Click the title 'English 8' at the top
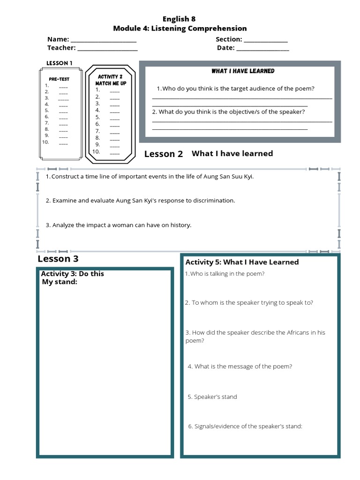(179, 19)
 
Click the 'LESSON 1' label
(60, 63)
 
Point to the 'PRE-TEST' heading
(59, 79)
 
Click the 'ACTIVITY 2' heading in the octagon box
(110, 76)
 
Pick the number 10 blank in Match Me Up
(114, 153)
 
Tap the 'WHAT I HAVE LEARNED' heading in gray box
(243, 71)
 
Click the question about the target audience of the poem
(235, 89)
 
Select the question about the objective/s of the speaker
(228, 112)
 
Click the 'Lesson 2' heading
(164, 154)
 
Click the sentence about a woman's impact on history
(119, 225)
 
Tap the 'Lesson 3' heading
(58, 259)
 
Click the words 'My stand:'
(60, 282)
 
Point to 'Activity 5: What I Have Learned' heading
(242, 262)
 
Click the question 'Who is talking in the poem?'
(225, 274)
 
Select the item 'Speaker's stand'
(212, 397)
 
